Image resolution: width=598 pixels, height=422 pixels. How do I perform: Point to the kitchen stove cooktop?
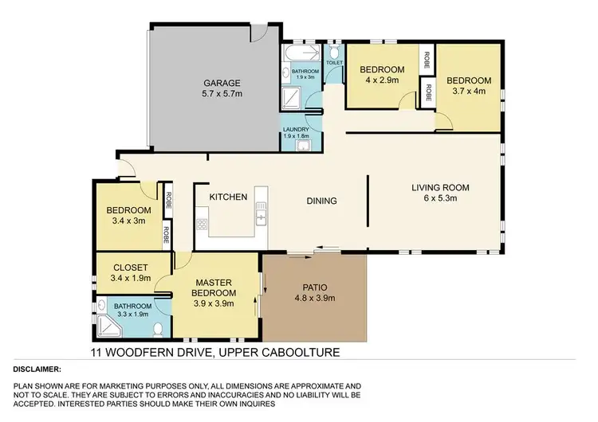pos(202,225)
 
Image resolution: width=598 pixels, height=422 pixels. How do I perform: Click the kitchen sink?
pos(260,214)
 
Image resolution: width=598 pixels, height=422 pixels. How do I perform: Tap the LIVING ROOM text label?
pos(440,188)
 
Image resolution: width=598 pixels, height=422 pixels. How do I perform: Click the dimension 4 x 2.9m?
pos(380,80)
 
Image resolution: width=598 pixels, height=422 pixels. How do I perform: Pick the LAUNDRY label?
pos(296,130)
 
